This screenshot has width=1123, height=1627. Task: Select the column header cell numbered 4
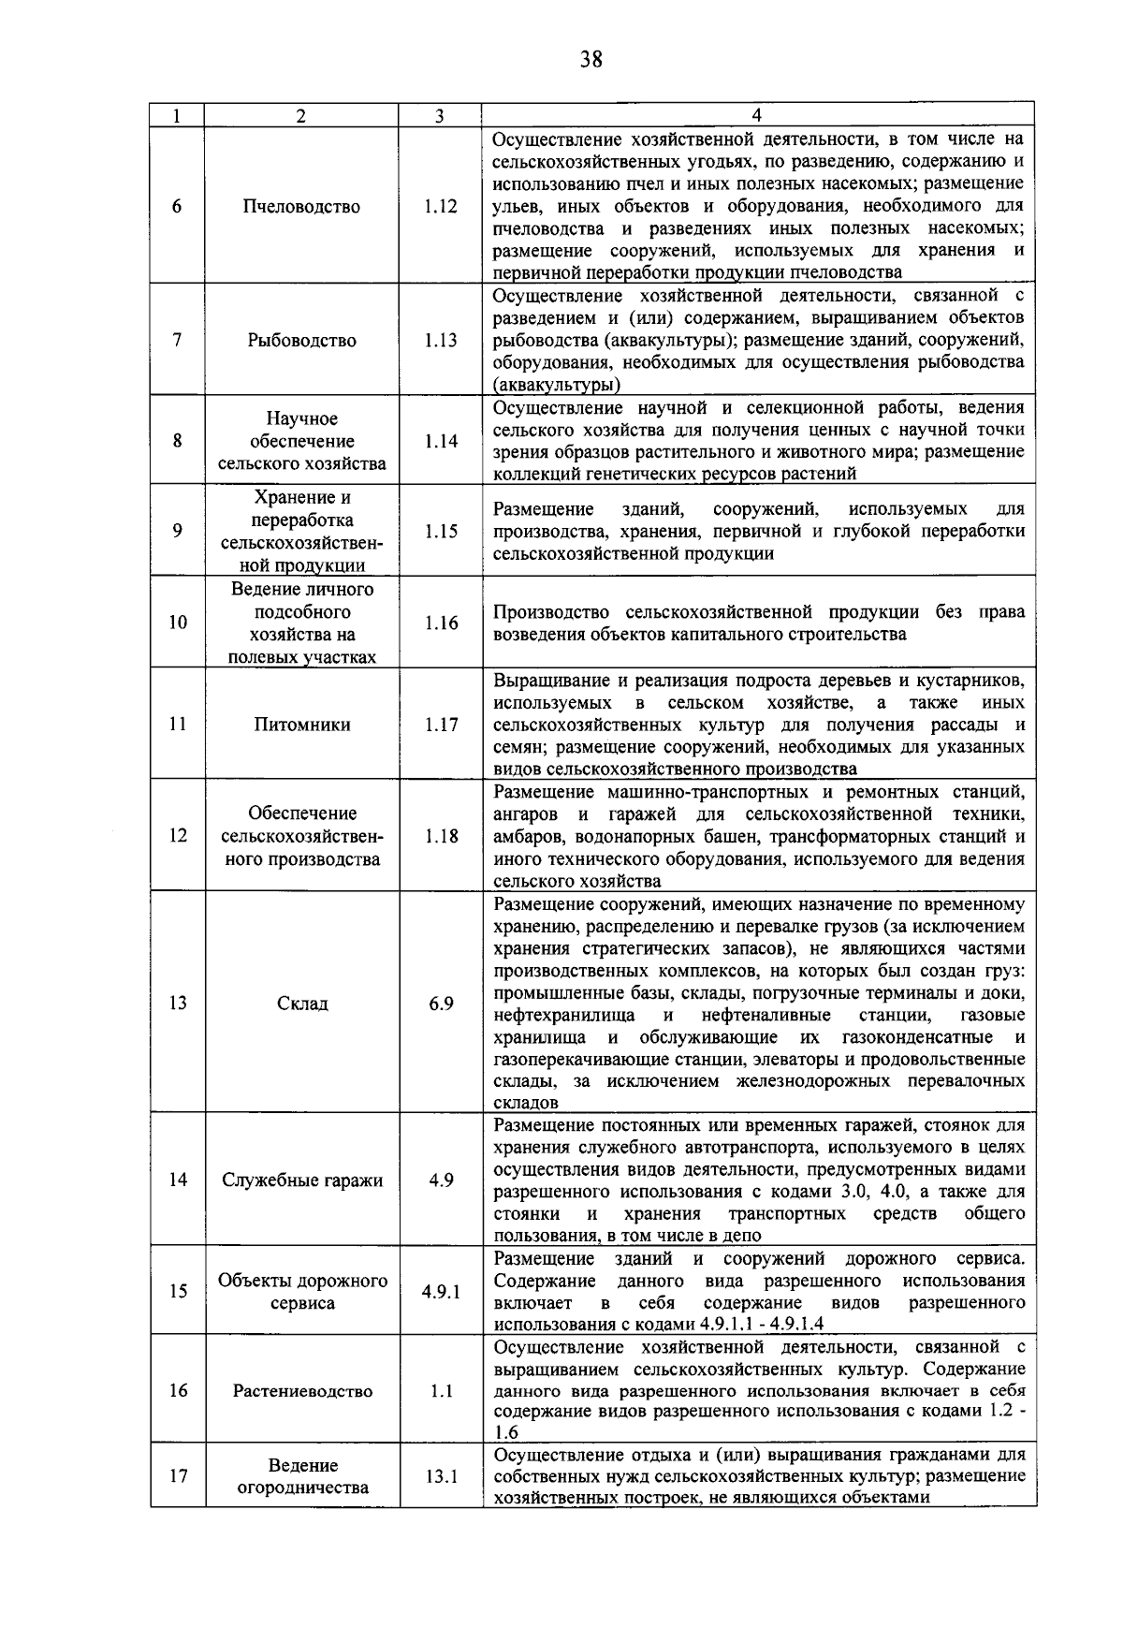click(x=757, y=115)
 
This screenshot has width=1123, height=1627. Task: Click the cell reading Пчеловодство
click(x=301, y=207)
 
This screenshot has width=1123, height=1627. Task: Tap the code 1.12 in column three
click(x=441, y=207)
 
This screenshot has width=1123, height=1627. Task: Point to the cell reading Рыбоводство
click(x=301, y=341)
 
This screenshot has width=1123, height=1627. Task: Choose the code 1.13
click(x=441, y=341)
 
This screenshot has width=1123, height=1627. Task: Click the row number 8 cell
click(x=178, y=441)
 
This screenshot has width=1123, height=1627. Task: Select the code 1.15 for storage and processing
click(x=441, y=531)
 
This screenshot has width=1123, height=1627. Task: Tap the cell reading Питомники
click(x=301, y=725)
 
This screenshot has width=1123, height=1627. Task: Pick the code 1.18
click(x=441, y=836)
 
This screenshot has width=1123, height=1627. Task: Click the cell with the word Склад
click(x=301, y=1004)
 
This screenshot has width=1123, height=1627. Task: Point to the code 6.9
click(x=441, y=1004)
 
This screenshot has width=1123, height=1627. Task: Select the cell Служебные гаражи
click(x=301, y=1180)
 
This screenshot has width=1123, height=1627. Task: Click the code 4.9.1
click(x=441, y=1292)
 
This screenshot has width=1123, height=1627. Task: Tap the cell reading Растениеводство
click(x=301, y=1391)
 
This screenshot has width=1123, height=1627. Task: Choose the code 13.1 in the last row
click(x=441, y=1476)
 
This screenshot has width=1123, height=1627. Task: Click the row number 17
click(x=178, y=1476)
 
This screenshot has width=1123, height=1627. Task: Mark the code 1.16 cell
click(x=441, y=623)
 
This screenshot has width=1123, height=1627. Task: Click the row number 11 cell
click(x=178, y=725)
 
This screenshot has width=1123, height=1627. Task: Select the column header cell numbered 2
click(x=301, y=115)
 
